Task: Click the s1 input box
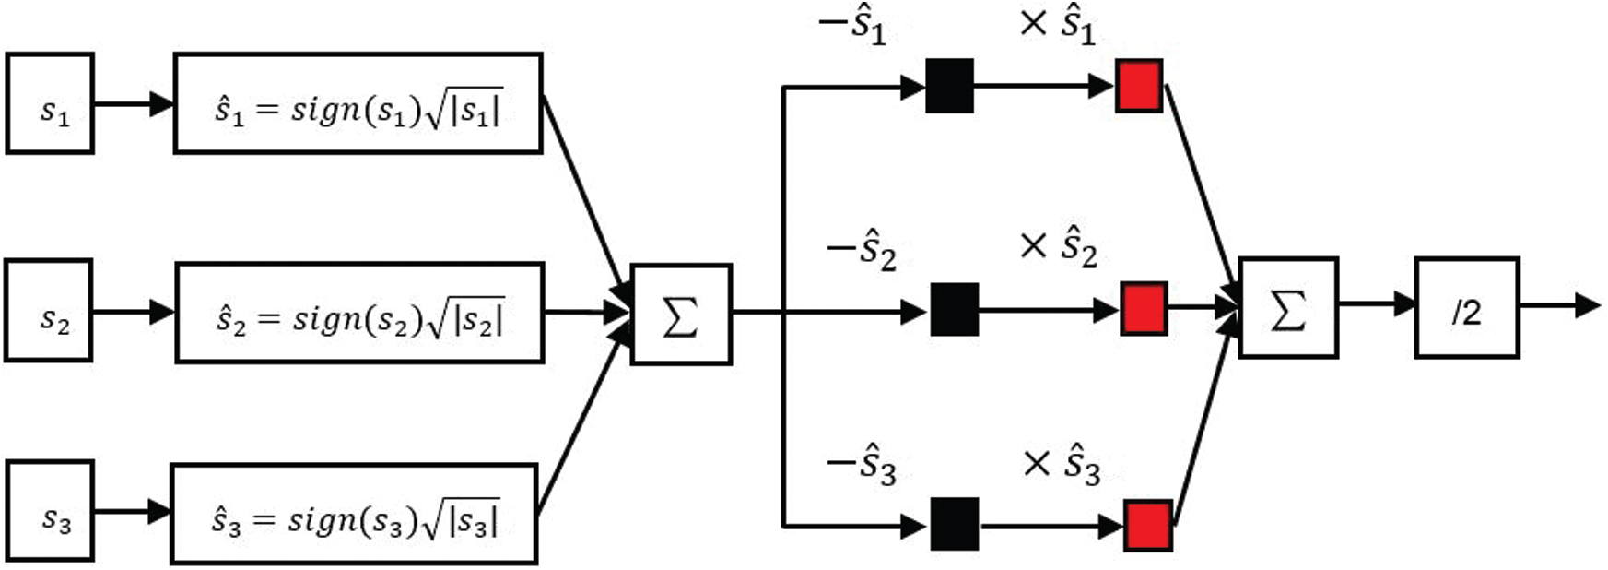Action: pos(50,103)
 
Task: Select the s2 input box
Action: pos(49,311)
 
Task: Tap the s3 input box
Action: pos(51,512)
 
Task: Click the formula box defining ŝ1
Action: pos(358,103)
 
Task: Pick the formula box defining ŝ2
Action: pos(359,312)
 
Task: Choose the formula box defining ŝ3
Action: pos(354,514)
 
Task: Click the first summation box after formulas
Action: pos(681,315)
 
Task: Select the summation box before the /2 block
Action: pos(1288,308)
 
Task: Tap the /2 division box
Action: pos(1466,308)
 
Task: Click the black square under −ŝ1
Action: pos(949,86)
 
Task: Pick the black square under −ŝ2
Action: pos(954,309)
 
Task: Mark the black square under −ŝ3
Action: pos(954,525)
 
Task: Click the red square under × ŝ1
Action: pos(1139,86)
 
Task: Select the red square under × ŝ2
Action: pos(1144,309)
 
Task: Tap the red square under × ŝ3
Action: pos(1148,526)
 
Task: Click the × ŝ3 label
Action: pos(1062,465)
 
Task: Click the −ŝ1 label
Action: pos(852,26)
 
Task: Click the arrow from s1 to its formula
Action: pos(134,103)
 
